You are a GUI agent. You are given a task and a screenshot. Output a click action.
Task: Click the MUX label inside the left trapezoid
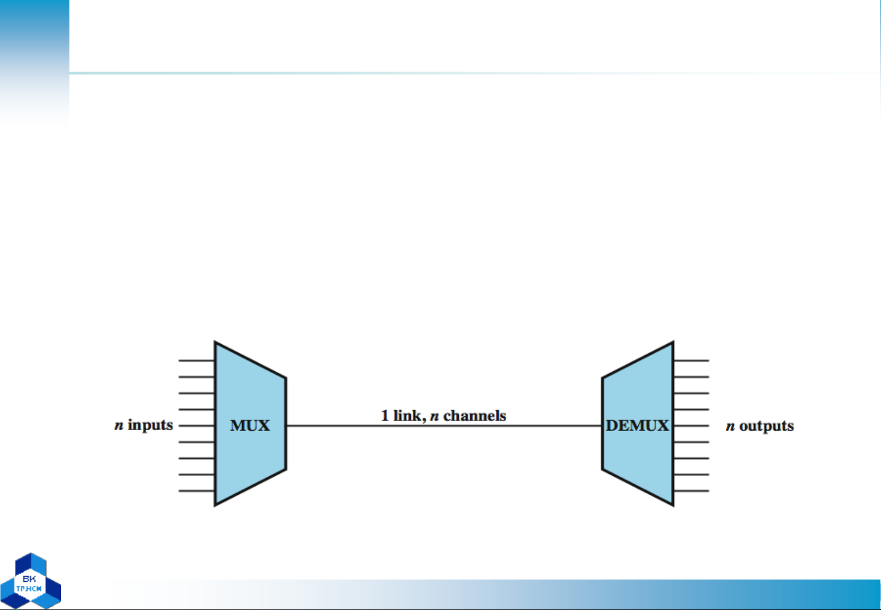(x=250, y=425)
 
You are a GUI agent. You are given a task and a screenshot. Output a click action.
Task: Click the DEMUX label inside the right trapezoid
(x=637, y=425)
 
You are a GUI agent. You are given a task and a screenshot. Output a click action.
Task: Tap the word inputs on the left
(x=150, y=425)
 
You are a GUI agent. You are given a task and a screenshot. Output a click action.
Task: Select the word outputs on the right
(x=766, y=427)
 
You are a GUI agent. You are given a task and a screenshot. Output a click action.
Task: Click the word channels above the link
(x=475, y=416)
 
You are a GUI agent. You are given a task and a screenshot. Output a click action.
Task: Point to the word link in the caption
(x=409, y=416)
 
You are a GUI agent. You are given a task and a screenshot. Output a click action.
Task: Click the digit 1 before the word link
(x=385, y=416)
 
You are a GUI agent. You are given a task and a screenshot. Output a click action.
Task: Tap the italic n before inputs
(x=119, y=425)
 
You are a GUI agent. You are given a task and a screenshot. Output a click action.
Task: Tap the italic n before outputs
(x=730, y=427)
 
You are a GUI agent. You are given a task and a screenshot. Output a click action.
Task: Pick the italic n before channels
(x=434, y=416)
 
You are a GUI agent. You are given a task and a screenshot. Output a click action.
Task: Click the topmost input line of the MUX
(x=196, y=360)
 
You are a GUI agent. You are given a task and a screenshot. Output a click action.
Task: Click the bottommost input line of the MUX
(x=196, y=491)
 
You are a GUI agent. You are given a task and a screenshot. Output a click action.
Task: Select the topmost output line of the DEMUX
(x=691, y=360)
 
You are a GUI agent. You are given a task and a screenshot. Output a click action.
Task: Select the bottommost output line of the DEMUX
(x=691, y=491)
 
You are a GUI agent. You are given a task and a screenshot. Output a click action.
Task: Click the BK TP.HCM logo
(x=30, y=581)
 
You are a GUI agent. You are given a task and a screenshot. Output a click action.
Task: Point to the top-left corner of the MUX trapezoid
(x=214, y=342)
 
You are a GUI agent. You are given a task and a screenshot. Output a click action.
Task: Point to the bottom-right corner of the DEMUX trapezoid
(x=673, y=506)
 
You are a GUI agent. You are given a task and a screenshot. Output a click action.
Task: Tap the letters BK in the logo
(x=29, y=579)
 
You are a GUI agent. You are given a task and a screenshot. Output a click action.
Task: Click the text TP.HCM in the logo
(x=29, y=589)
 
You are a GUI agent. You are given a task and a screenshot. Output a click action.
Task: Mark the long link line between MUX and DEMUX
(x=444, y=425)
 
